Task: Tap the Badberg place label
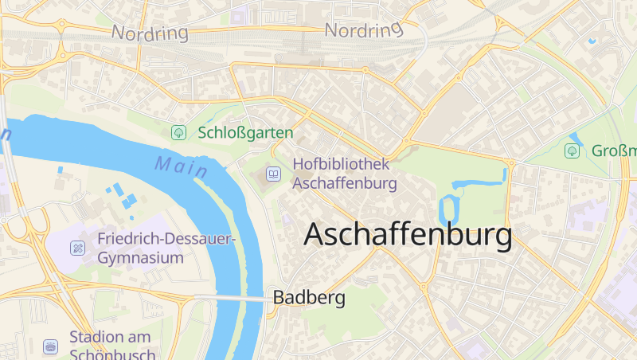[309, 298]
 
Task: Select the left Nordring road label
[150, 33]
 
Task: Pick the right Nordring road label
[364, 30]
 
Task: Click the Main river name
[182, 167]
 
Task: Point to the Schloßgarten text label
[245, 133]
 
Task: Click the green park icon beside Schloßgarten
[179, 133]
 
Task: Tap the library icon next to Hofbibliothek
[274, 173]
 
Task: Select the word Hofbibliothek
[341, 164]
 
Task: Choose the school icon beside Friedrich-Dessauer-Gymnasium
[77, 248]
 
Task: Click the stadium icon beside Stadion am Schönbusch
[51, 346]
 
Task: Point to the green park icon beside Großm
[572, 151]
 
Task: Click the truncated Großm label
[614, 151]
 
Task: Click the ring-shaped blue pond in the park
[449, 209]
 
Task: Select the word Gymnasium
[141, 258]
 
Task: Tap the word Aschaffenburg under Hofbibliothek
[345, 182]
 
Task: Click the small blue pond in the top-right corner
[592, 40]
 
